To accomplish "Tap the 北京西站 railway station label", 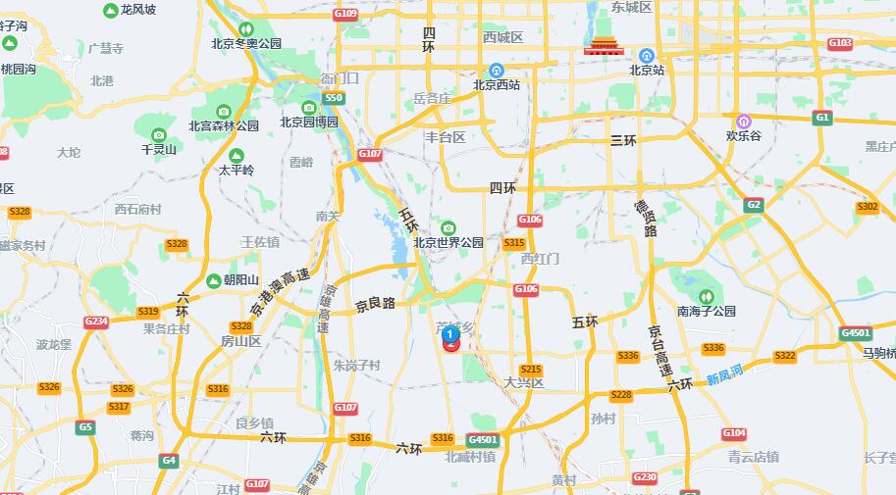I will pyautogui.click(x=497, y=84).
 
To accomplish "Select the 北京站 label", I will pyautogui.click(x=647, y=70).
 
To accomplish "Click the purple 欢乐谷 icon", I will pyautogui.click(x=744, y=121).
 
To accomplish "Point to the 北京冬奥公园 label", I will pyautogui.click(x=246, y=43).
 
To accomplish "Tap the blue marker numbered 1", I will pyautogui.click(x=449, y=333).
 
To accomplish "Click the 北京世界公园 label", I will pyautogui.click(x=448, y=242).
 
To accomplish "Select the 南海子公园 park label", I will pyautogui.click(x=706, y=311).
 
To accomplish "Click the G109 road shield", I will pyautogui.click(x=345, y=14).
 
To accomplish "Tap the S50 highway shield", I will pyautogui.click(x=334, y=98).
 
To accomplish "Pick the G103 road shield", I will pyautogui.click(x=840, y=43).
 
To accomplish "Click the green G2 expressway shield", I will pyautogui.click(x=754, y=204).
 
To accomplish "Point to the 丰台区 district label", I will pyautogui.click(x=445, y=137).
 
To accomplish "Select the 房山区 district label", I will pyautogui.click(x=240, y=341).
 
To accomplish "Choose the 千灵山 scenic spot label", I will pyautogui.click(x=159, y=150).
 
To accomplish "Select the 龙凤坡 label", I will pyautogui.click(x=137, y=10).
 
